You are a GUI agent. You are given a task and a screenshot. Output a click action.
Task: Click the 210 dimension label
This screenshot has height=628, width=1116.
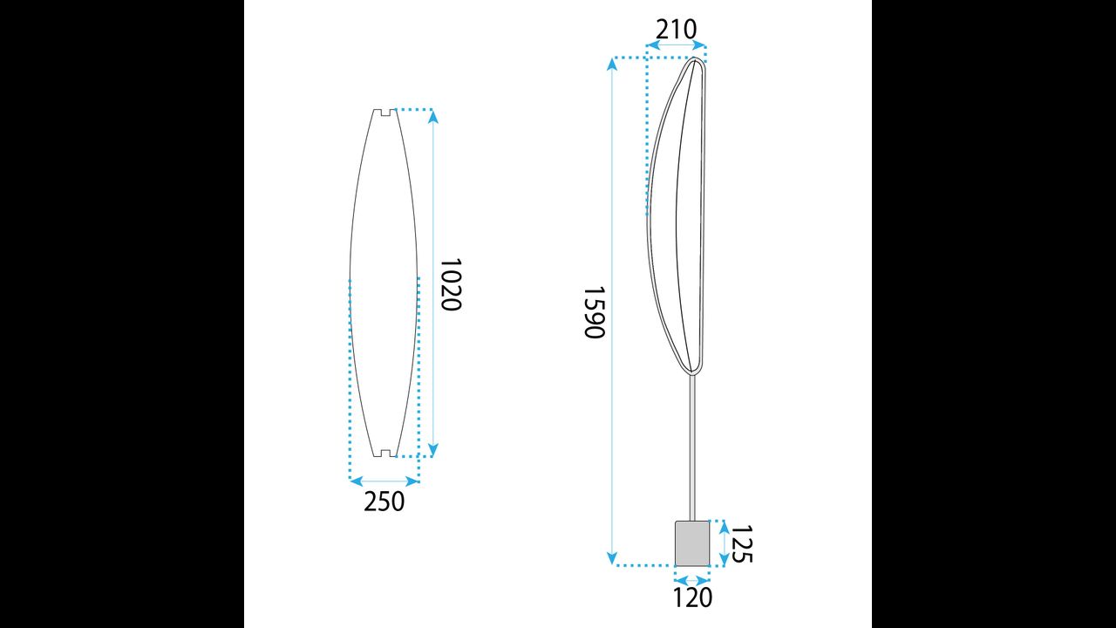[676, 30]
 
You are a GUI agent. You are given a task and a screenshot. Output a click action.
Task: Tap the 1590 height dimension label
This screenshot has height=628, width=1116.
[594, 312]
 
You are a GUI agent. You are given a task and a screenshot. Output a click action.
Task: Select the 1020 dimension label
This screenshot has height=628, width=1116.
[451, 284]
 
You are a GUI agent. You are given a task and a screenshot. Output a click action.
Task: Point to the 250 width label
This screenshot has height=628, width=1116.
[384, 502]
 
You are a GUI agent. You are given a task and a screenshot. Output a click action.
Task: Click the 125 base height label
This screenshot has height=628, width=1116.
[741, 543]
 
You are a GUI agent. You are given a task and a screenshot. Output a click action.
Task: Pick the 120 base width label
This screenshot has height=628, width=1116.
[692, 597]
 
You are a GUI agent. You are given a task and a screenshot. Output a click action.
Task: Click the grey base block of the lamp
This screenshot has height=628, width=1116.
[692, 543]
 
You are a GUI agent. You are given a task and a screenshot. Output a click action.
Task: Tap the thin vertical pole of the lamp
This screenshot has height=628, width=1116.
[692, 447]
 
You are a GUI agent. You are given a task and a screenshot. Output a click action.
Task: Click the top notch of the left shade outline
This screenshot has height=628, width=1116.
[385, 113]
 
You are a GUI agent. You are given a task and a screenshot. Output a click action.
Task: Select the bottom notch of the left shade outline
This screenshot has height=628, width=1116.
[385, 453]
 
